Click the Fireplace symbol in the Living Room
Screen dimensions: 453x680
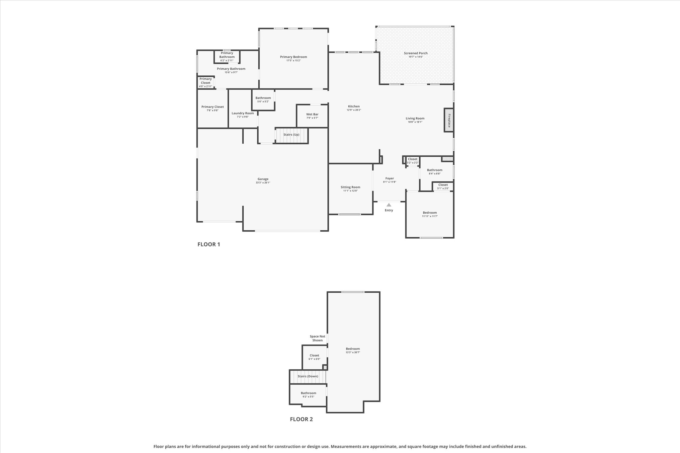point(449,120)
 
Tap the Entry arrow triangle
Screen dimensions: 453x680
point(389,205)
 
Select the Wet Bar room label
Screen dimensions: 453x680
point(312,114)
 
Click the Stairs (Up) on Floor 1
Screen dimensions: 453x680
point(292,135)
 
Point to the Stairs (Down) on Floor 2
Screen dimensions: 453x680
point(308,376)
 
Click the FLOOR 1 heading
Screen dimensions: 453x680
point(209,245)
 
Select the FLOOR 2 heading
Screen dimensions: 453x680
point(301,419)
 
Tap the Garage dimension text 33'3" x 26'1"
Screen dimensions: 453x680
point(263,183)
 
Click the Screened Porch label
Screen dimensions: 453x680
point(416,53)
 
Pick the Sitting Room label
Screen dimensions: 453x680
point(350,187)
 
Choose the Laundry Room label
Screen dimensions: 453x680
point(243,113)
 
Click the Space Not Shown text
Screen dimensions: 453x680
point(317,338)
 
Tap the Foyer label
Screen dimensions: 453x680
point(389,179)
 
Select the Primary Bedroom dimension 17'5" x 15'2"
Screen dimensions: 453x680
point(294,61)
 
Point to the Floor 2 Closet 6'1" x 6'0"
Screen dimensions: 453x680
point(314,357)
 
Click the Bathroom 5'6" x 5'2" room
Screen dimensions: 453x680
point(263,100)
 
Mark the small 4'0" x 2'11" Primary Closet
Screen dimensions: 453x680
point(206,83)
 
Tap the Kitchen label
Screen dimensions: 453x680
point(354,107)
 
